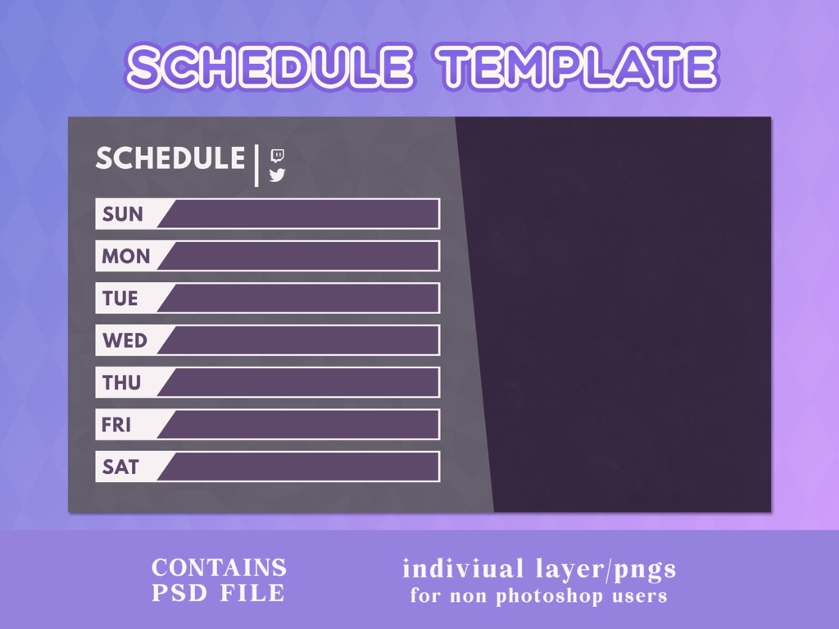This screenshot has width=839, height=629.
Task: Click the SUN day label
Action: click(123, 214)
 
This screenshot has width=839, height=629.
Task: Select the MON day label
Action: click(126, 257)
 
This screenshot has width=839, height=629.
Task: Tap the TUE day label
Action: click(120, 299)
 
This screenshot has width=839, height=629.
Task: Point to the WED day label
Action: click(125, 340)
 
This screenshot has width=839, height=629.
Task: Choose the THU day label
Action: click(121, 383)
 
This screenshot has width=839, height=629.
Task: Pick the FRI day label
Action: click(116, 425)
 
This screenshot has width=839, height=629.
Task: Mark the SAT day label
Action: click(120, 467)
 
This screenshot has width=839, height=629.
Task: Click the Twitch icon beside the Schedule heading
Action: click(278, 155)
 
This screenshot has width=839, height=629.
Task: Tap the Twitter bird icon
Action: click(277, 175)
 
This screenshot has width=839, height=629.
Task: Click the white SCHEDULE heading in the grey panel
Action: click(170, 159)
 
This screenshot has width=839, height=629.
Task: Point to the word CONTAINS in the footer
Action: click(219, 567)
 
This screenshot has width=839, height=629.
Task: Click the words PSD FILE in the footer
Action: click(219, 593)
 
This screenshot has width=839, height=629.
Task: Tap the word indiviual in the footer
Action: click(463, 568)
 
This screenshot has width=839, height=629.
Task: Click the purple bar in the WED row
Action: click(303, 340)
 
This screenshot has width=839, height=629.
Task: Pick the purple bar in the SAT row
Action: click(303, 467)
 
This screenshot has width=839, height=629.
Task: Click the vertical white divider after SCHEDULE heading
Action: click(256, 165)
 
